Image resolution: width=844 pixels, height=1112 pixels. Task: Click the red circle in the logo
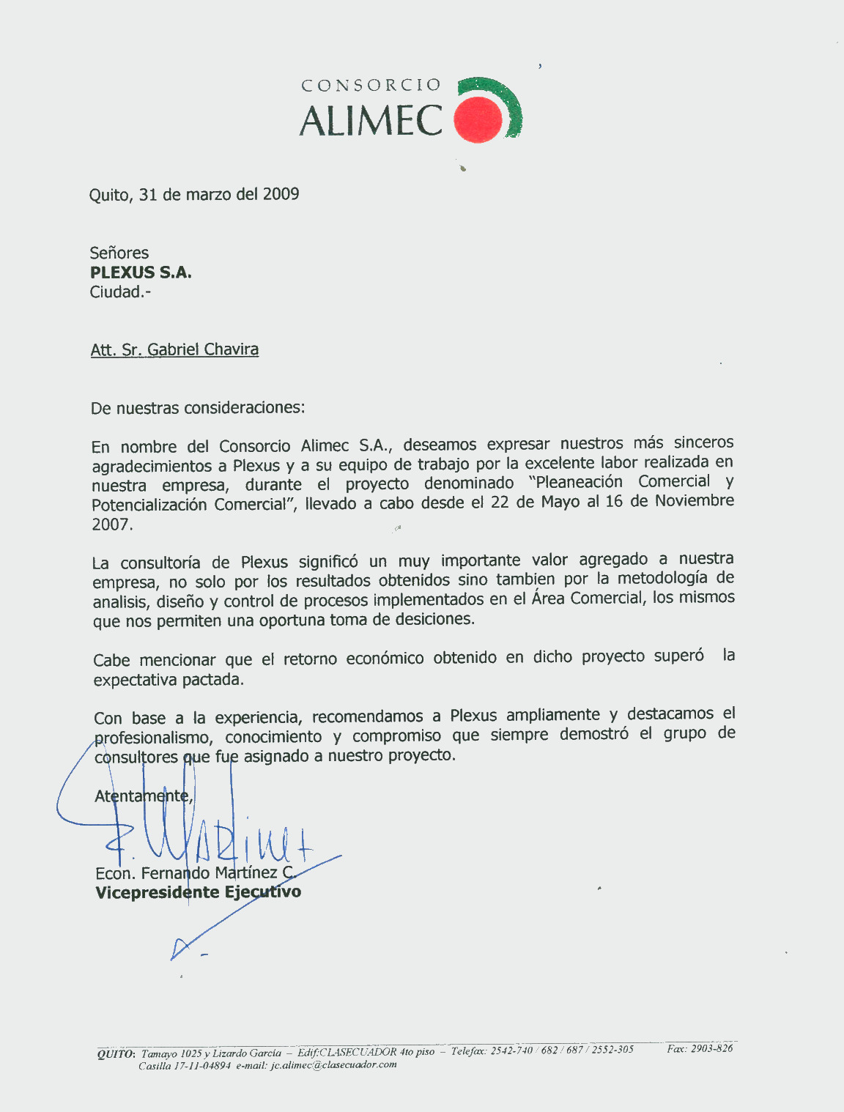(x=478, y=120)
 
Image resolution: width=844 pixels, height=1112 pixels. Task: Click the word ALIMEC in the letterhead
(x=371, y=121)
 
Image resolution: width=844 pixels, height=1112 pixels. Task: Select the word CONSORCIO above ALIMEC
(x=371, y=85)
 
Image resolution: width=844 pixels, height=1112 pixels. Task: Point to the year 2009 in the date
(x=281, y=194)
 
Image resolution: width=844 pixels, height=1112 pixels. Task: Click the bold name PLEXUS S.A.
(x=141, y=273)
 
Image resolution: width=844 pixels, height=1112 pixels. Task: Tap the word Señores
(x=119, y=253)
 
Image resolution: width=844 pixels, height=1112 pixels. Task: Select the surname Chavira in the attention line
(x=231, y=349)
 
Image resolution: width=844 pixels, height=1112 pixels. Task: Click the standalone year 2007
(x=111, y=525)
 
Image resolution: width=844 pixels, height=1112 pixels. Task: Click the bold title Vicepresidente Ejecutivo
(x=198, y=892)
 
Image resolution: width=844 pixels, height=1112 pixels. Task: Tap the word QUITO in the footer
(x=116, y=1053)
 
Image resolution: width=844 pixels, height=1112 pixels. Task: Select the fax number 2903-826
(x=711, y=1048)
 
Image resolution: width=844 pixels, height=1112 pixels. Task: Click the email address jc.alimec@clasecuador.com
(x=333, y=1065)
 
